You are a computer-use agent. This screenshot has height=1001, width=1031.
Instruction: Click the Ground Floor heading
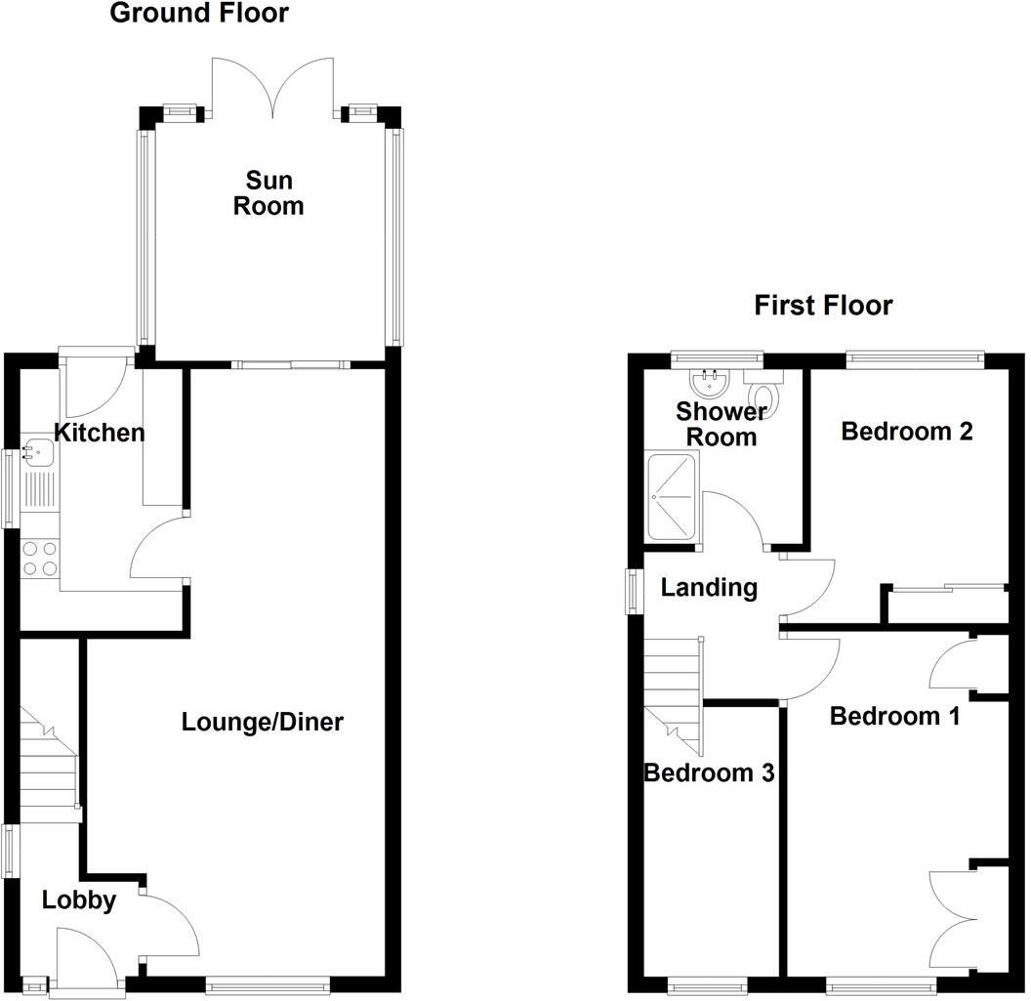point(199,14)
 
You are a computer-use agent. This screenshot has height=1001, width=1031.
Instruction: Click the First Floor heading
point(823,306)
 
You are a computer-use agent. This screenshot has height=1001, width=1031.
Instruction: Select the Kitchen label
point(99,433)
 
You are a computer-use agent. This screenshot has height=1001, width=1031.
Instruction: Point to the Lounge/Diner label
point(263,723)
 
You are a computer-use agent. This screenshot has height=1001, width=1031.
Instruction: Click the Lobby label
point(79,900)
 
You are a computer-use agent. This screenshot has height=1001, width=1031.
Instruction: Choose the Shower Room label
point(722,424)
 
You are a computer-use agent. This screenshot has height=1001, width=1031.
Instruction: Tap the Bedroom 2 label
point(907,431)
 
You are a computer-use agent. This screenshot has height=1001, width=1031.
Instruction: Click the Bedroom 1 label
point(894,716)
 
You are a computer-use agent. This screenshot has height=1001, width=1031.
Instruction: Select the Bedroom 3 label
point(709,773)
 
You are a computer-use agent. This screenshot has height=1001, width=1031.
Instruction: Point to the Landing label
point(709,588)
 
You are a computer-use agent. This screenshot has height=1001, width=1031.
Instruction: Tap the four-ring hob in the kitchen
point(39,558)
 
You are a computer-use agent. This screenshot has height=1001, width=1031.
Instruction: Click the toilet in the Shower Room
point(763,393)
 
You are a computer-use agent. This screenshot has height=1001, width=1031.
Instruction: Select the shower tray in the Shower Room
point(672,496)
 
